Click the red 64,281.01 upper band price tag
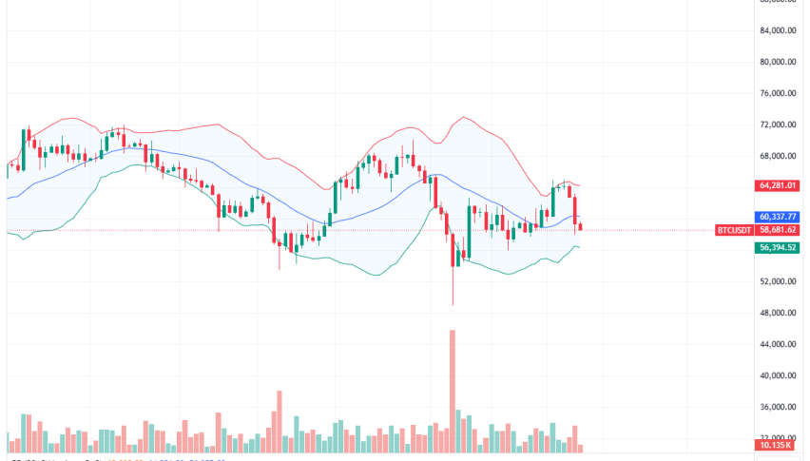pos(777,185)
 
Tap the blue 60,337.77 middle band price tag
pos(777,216)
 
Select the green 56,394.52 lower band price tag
pos(777,247)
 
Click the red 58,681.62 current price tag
pos(777,230)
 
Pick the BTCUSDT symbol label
pos(734,230)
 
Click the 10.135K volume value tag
pos(777,445)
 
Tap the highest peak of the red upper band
pos(463,118)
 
